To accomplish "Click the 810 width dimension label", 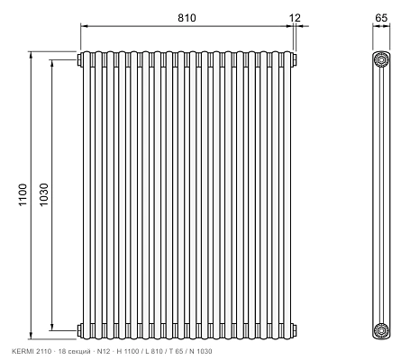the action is [187, 18].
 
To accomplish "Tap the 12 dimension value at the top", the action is [295, 18].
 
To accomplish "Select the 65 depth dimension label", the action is [381, 18].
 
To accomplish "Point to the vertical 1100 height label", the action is [23, 194].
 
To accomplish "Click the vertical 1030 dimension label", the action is [44, 194].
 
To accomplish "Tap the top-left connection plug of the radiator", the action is [80, 59].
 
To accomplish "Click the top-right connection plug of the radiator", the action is [295, 59].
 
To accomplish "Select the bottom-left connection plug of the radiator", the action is [80, 330].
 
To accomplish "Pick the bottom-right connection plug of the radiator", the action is [295, 330].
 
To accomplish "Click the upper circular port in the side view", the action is [381, 59].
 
